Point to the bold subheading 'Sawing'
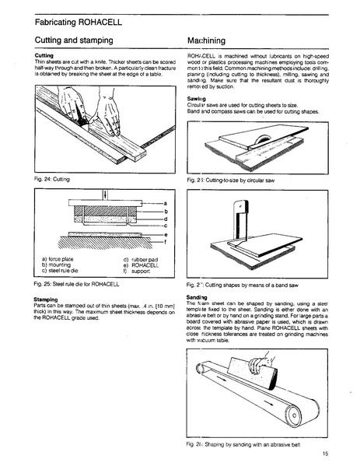[x=197, y=100]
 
